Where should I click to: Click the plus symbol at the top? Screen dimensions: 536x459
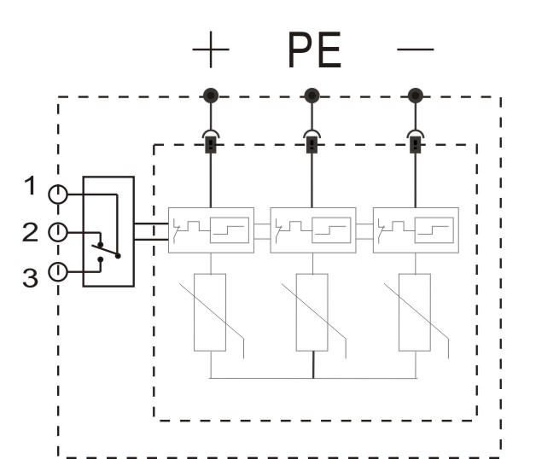tap(211, 49)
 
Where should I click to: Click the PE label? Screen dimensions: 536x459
tap(314, 49)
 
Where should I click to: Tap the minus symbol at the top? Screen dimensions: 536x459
tap(416, 49)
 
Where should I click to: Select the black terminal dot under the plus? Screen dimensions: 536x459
tap(211, 96)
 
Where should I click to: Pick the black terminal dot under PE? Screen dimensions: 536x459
tap(312, 96)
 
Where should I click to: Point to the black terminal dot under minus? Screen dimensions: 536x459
tap(416, 96)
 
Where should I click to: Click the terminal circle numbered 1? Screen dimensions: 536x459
tap(58, 195)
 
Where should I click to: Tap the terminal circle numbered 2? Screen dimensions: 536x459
tap(58, 232)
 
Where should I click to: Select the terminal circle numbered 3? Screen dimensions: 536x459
tap(58, 272)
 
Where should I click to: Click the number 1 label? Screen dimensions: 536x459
tap(31, 186)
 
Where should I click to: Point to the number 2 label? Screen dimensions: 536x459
tap(30, 232)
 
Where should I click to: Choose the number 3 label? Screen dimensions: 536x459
tap(30, 277)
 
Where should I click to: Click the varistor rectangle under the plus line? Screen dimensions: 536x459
tap(210, 312)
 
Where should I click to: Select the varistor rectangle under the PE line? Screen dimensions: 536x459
tap(312, 312)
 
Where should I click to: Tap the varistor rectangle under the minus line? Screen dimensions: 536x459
tap(415, 312)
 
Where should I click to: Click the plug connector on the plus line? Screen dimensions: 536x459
tap(211, 141)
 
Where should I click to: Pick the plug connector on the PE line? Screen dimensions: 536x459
tap(312, 141)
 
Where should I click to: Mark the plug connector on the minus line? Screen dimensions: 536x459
tap(416, 141)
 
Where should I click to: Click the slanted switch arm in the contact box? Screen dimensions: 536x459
tap(106, 251)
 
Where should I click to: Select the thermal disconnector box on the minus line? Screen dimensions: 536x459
tap(416, 230)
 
